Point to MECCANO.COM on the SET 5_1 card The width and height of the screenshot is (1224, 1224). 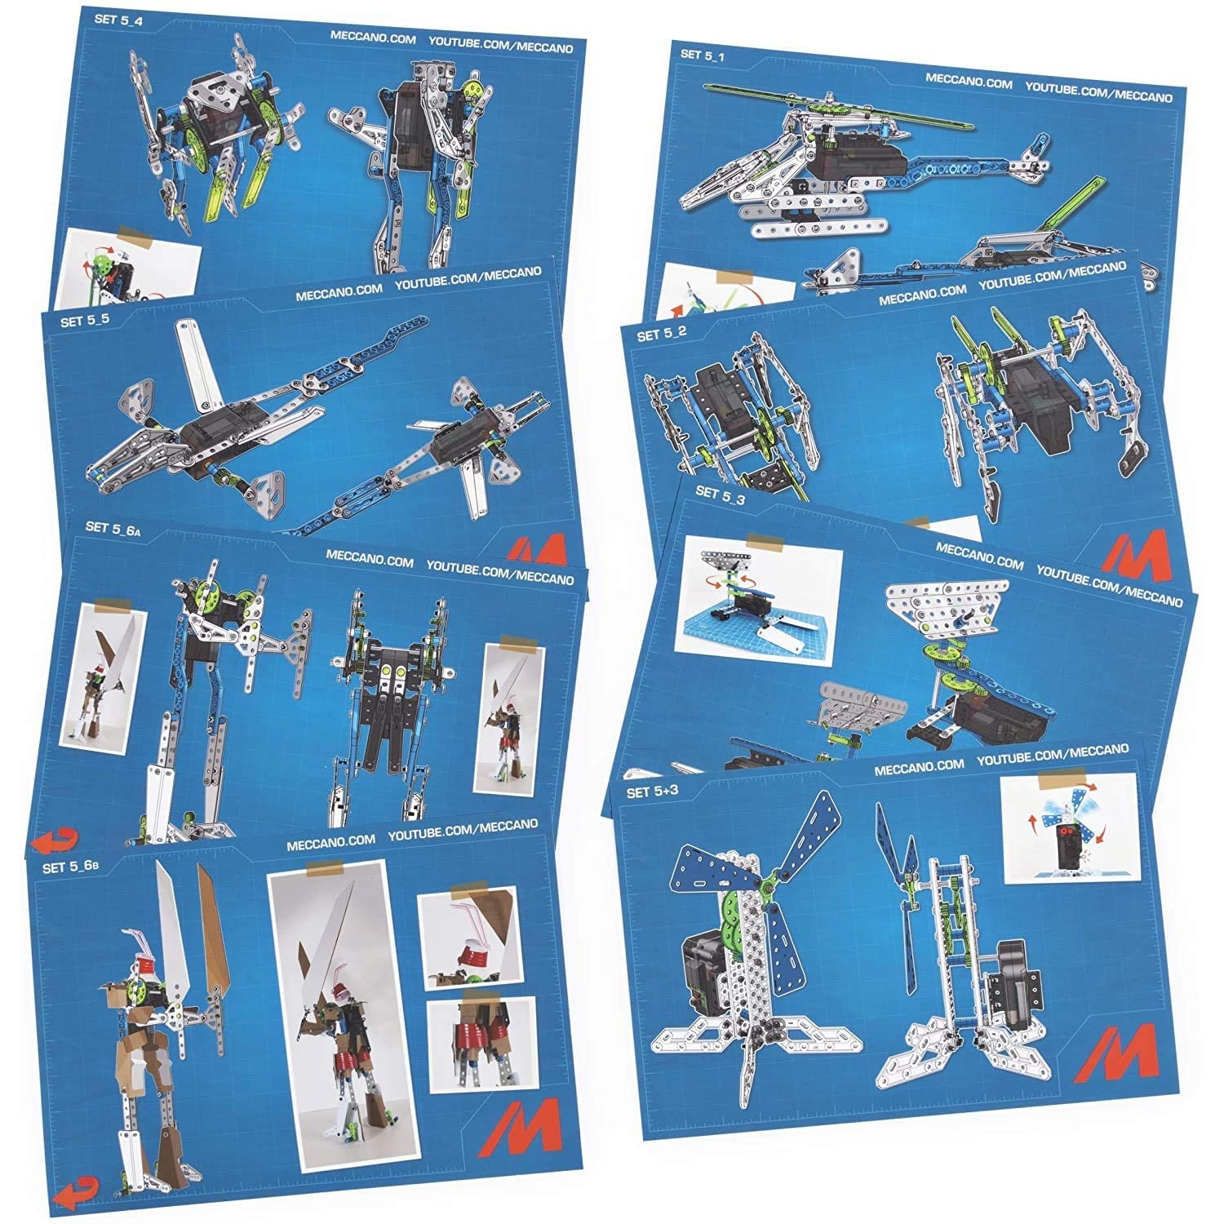[969, 83]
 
